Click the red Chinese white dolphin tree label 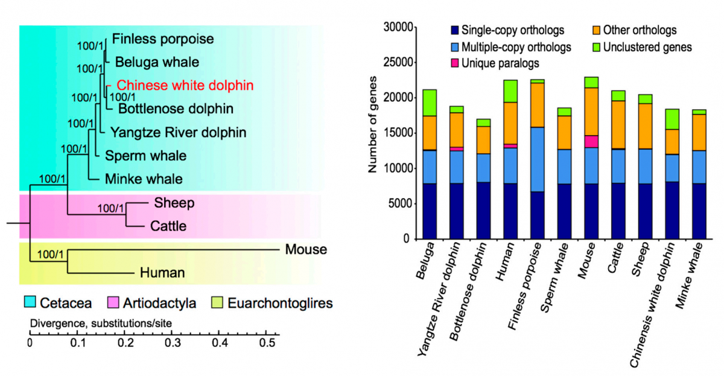tap(185, 85)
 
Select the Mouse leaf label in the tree tap(306, 249)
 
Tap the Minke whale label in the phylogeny tap(144, 179)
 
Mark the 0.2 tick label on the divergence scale tap(125, 344)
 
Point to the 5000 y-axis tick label tap(399, 204)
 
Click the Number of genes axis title tap(373, 126)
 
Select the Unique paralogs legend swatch tap(455, 63)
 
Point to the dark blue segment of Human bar tap(510, 211)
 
